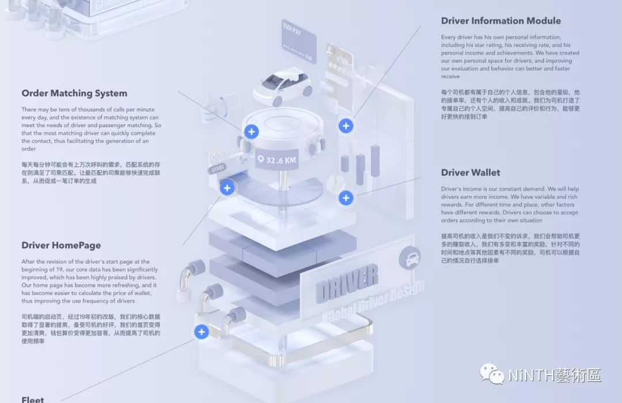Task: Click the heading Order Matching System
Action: pos(74,93)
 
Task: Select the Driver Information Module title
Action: pos(500,21)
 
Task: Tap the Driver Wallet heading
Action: pos(471,172)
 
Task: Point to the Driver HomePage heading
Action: pos(61,245)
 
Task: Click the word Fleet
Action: pos(33,399)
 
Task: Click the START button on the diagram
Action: pos(218,170)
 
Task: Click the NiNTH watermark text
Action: pos(555,375)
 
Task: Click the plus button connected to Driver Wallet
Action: pos(346,198)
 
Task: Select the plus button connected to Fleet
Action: pos(201,332)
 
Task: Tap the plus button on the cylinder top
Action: pos(251,131)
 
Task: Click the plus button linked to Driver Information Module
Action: pos(346,125)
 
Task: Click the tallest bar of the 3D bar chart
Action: pos(376,160)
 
